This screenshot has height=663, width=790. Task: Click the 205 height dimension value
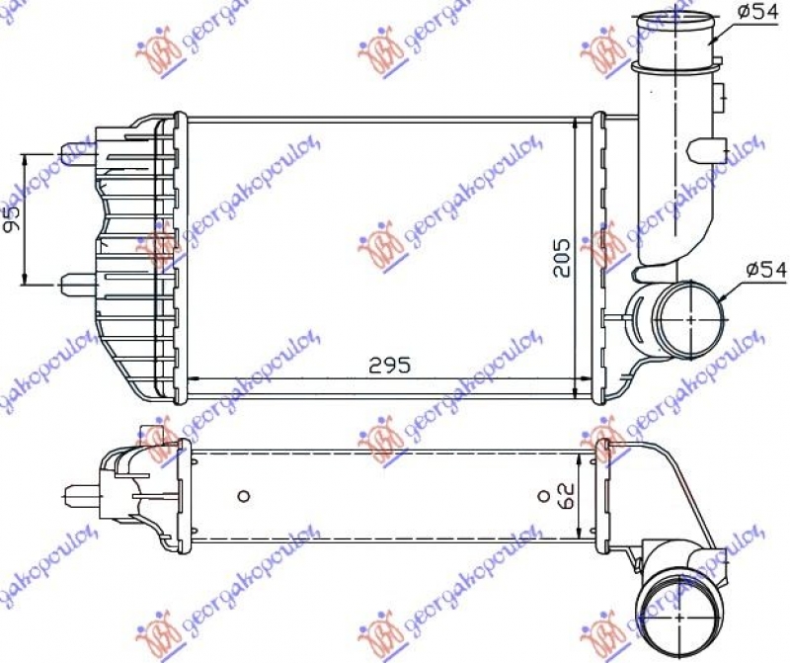[x=560, y=258]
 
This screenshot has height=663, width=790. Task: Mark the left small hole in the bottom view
[x=245, y=495]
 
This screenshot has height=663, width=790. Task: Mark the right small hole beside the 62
[x=541, y=495]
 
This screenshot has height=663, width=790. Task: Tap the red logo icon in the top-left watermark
[x=162, y=58]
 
